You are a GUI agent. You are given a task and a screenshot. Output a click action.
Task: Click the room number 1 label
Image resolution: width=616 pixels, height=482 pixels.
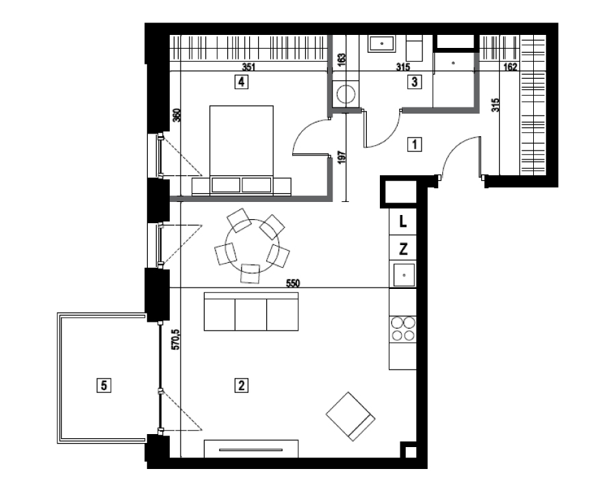coord(415,144)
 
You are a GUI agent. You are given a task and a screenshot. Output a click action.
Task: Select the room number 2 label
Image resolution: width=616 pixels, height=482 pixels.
coord(241,385)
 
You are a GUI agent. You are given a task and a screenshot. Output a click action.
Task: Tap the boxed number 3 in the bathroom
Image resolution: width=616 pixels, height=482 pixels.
coord(415,82)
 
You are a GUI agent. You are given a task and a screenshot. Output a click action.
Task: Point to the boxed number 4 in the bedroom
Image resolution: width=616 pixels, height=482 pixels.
coord(241,82)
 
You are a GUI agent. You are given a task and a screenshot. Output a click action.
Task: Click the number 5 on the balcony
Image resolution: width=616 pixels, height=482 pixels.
coord(104,385)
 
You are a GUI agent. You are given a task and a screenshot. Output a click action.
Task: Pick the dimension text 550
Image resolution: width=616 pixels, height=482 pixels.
coord(293,283)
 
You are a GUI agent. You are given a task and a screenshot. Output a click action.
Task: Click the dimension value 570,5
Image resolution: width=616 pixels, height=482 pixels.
coord(176,340)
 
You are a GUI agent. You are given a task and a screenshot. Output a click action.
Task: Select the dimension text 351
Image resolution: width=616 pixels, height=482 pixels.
coord(248,67)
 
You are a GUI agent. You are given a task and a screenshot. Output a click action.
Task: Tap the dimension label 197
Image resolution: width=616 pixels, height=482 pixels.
coord(341,158)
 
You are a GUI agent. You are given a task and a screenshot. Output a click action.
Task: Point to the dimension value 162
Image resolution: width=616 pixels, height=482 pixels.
coord(510,67)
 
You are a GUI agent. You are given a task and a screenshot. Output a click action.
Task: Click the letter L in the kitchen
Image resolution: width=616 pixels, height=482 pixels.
coord(402,222)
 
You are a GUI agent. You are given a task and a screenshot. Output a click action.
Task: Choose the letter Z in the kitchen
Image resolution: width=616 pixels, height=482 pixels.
coord(402,249)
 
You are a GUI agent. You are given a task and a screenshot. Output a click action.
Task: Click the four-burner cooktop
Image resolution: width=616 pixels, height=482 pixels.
coord(403,329)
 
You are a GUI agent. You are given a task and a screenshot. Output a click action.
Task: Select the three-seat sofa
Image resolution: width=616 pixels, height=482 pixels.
coord(251,312)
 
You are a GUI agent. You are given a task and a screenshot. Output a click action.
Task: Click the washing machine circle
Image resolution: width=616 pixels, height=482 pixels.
coord(346,94)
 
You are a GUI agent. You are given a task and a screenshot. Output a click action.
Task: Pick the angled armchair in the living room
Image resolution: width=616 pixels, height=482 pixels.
coord(350,416)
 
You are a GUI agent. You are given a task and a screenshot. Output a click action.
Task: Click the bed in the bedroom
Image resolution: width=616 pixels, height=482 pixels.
coord(242,150)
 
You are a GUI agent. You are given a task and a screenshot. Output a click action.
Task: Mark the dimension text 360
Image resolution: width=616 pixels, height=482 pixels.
coord(177,115)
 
